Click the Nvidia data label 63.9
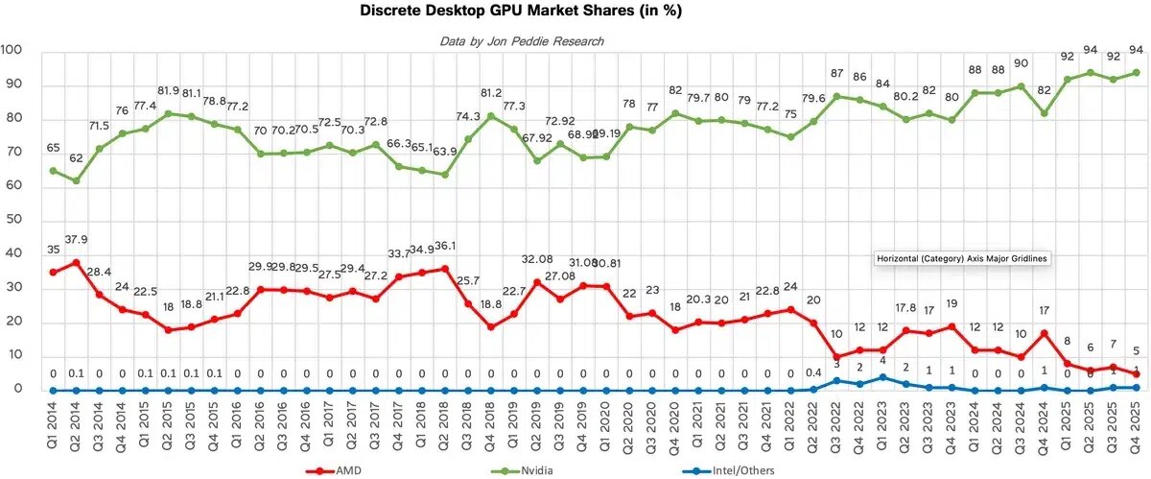pos(446,154)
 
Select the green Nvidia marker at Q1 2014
pos(53,171)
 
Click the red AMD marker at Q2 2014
pos(76,262)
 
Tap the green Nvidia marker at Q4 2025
pos(1136,72)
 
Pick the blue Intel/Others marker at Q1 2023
pos(881,377)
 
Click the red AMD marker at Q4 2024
pos(1044,333)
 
